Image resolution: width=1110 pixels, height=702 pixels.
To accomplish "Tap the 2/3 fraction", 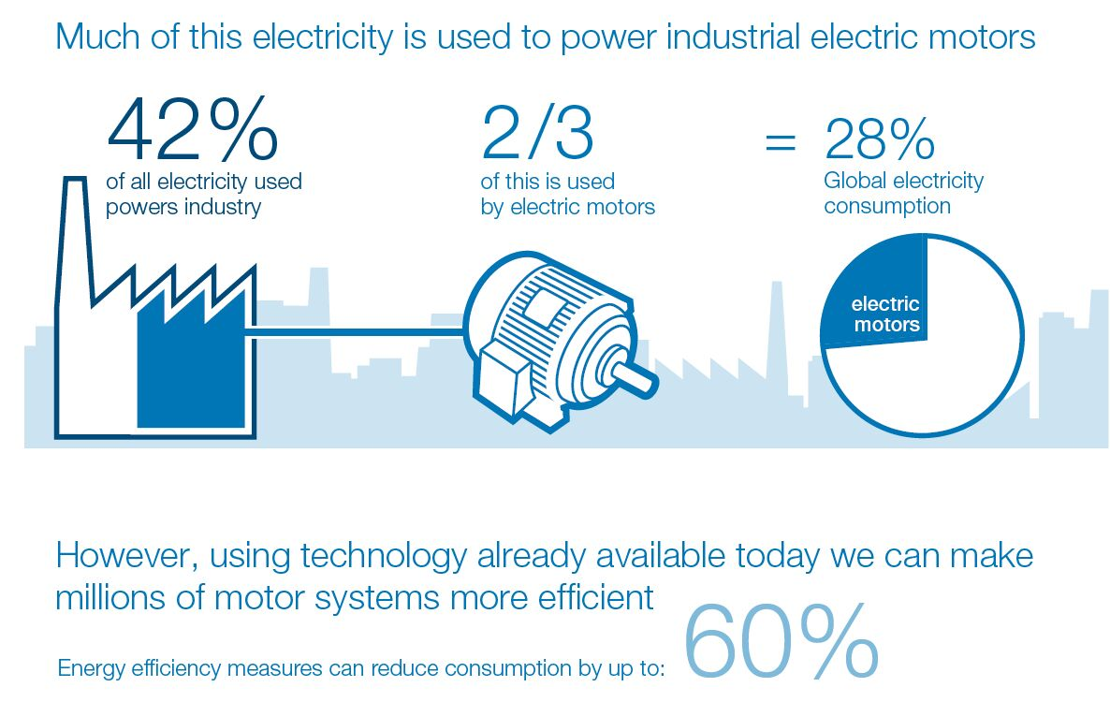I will (x=537, y=132).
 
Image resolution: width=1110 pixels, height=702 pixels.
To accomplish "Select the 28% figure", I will (x=879, y=139).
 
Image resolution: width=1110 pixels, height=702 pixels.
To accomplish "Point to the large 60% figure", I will (x=782, y=644).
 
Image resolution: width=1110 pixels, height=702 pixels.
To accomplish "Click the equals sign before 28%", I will (x=781, y=143).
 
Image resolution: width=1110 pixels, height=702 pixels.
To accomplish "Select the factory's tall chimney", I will (x=75, y=234).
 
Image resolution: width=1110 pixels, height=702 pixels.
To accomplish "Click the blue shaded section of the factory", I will (x=192, y=365).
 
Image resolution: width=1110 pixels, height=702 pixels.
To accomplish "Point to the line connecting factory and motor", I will (x=356, y=329).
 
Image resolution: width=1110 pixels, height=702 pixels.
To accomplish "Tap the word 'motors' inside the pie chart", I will (x=886, y=325).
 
